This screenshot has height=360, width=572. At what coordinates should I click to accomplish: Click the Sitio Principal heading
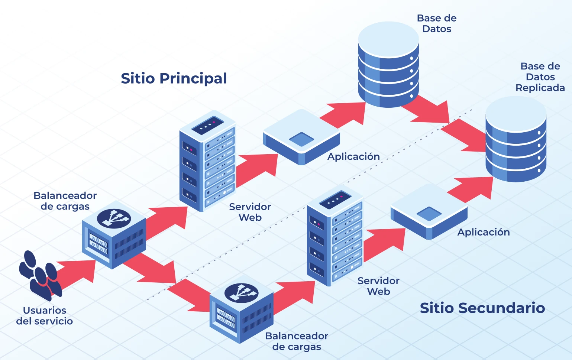pyautogui.click(x=174, y=78)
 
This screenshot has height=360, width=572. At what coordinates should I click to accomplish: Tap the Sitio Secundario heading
pyautogui.click(x=482, y=308)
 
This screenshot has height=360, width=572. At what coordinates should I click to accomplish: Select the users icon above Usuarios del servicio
pyautogui.click(x=40, y=275)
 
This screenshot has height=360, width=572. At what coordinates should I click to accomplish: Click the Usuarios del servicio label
pyautogui.click(x=45, y=315)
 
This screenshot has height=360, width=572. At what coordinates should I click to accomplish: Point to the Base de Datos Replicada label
pyautogui.click(x=540, y=77)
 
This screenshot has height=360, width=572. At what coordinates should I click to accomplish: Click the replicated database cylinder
pyautogui.click(x=516, y=139)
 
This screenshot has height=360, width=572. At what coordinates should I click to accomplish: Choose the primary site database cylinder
pyautogui.click(x=388, y=65)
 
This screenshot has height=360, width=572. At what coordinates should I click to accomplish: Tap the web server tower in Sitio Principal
pyautogui.click(x=207, y=162)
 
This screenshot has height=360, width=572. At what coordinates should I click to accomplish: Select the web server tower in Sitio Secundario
pyautogui.click(x=335, y=236)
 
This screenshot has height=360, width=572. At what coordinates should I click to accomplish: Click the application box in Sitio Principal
pyautogui.click(x=301, y=137)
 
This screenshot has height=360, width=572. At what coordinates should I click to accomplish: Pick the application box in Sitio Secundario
pyautogui.click(x=429, y=212)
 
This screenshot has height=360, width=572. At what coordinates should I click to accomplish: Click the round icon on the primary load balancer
pyautogui.click(x=114, y=218)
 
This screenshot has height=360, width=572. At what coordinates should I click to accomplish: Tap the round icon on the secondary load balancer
pyautogui.click(x=241, y=293)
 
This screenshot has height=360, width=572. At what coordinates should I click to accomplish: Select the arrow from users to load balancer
pyautogui.click(x=76, y=273)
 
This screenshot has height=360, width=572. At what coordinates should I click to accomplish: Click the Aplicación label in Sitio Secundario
pyautogui.click(x=483, y=232)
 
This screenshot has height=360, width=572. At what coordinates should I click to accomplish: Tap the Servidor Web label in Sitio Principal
pyautogui.click(x=250, y=212)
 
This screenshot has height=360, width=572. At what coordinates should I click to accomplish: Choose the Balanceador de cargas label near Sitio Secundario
pyautogui.click(x=296, y=341)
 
